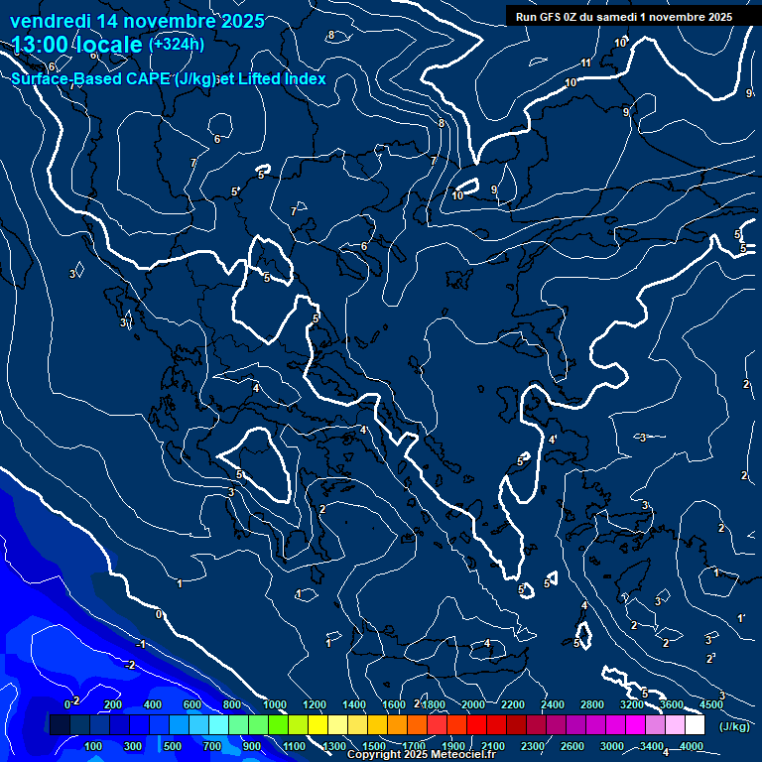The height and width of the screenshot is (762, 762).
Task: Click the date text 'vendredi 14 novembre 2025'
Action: click(x=137, y=21)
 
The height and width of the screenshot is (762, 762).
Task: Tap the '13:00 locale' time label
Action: click(x=75, y=45)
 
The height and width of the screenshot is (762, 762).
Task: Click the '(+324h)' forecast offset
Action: click(x=177, y=44)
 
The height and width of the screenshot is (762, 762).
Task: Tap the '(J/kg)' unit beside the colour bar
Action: click(x=734, y=726)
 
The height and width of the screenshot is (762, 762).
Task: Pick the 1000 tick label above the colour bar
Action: click(x=275, y=704)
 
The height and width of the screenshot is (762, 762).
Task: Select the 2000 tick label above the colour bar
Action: click(x=473, y=704)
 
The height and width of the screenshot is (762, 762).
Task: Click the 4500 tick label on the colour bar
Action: click(x=711, y=704)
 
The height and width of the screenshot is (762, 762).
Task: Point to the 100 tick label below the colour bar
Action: click(x=94, y=746)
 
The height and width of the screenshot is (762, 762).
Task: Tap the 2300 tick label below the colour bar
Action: click(x=532, y=746)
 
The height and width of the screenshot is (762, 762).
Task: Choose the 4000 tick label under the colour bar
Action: click(x=692, y=746)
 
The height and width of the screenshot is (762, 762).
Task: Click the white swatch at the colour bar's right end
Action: click(x=695, y=725)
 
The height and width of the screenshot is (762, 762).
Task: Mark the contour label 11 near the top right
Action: click(x=586, y=63)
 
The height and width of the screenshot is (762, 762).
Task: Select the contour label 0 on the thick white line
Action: click(x=159, y=614)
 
